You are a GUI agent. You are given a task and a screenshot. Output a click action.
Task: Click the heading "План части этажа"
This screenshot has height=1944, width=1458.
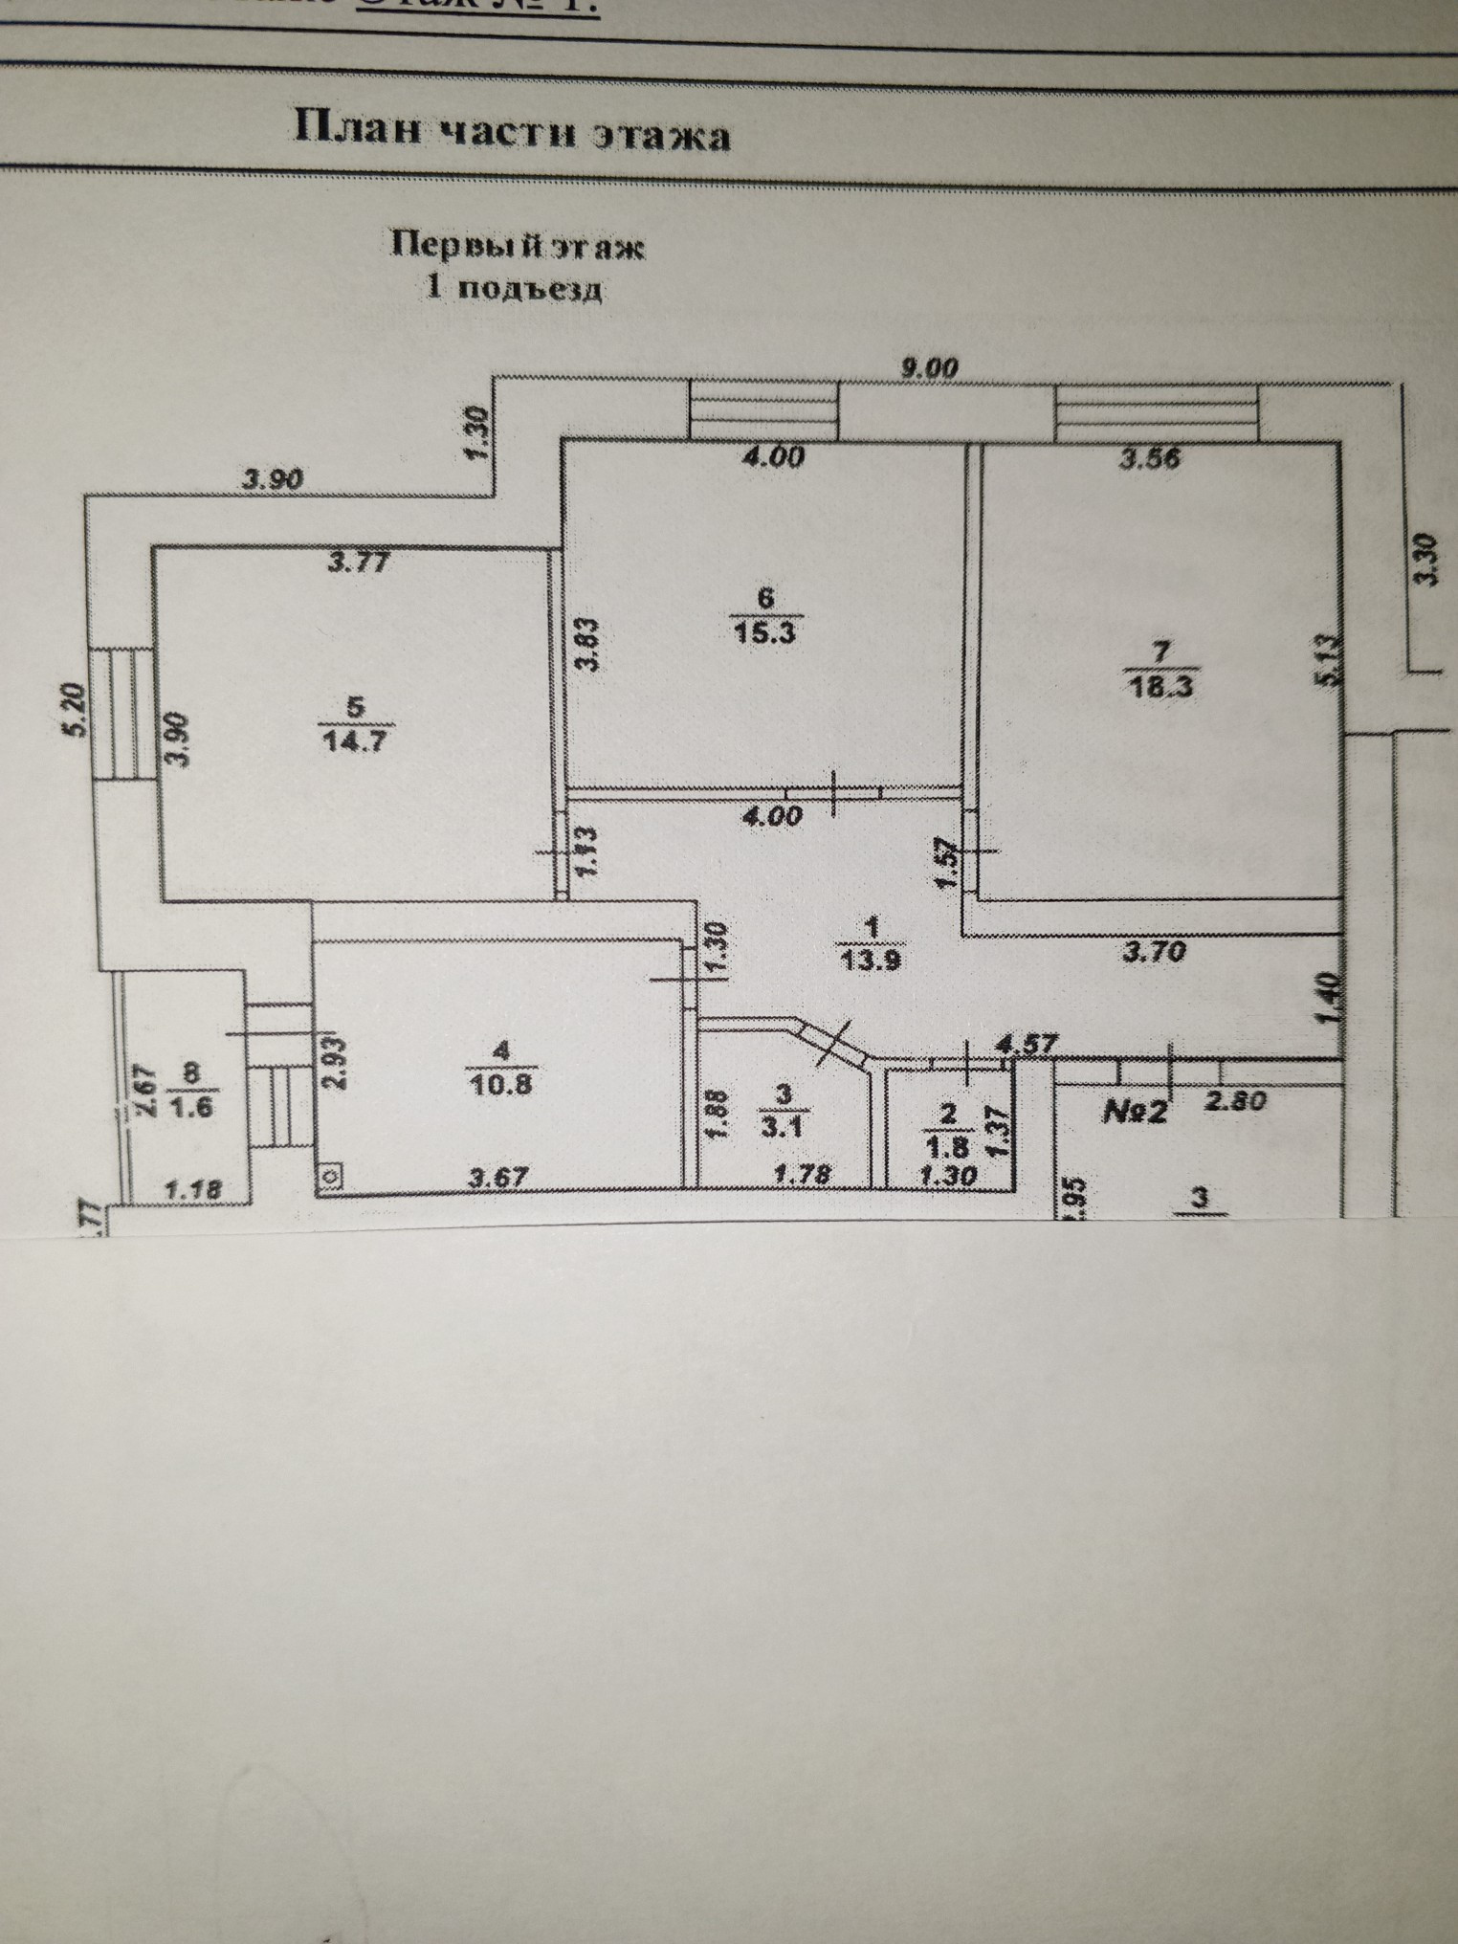(511, 132)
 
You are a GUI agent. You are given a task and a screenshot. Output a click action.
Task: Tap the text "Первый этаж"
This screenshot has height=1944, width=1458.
(518, 246)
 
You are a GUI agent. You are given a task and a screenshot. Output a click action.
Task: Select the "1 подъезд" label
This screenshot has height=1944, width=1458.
(514, 288)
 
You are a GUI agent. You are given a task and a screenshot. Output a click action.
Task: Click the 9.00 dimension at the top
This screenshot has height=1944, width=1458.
(929, 367)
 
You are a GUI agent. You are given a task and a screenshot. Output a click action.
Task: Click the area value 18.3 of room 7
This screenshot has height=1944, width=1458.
(1160, 685)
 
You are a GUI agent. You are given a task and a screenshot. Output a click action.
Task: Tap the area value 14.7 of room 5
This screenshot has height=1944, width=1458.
(355, 740)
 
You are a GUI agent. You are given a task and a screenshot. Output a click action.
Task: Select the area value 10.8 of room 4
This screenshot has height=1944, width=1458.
(502, 1084)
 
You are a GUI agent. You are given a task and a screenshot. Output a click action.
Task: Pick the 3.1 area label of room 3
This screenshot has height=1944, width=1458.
(783, 1126)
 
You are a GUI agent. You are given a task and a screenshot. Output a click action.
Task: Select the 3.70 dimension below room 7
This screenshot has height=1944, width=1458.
(1156, 951)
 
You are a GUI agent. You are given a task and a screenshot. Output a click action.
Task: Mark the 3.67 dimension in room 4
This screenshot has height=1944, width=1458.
(499, 1177)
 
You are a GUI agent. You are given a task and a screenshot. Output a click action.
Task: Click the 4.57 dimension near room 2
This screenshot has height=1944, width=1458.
(1026, 1045)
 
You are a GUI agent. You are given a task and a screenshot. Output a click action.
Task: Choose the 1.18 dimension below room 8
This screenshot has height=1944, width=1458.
(193, 1189)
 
